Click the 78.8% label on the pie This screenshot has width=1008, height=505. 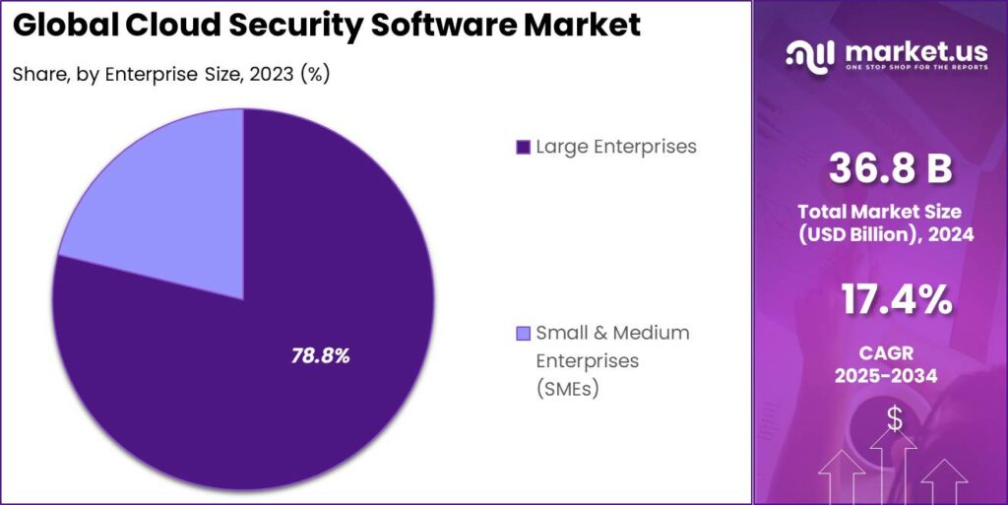[321, 355]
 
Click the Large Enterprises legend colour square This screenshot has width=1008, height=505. [523, 148]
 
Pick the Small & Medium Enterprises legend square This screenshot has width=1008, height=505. [523, 333]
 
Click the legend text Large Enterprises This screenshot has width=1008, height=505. [616, 147]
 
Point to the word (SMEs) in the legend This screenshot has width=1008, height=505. [568, 389]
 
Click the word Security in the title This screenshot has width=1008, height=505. [288, 26]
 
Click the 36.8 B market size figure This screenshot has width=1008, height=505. [890, 169]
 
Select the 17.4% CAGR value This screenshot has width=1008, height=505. [890, 300]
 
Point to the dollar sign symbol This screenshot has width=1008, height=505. [894, 419]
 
